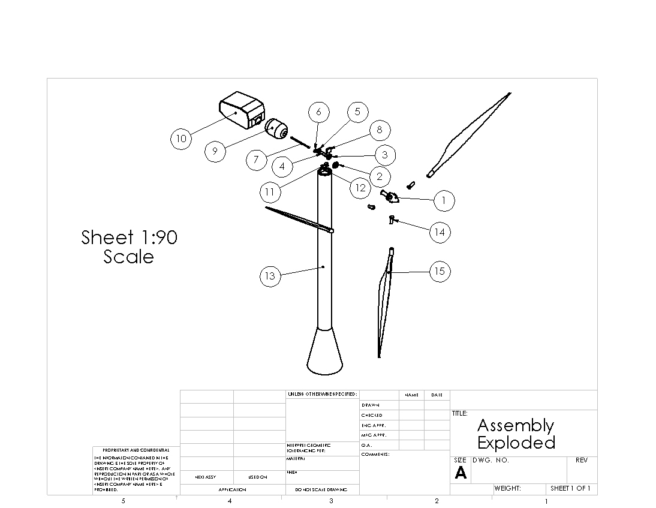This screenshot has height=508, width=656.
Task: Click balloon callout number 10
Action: (x=181, y=139)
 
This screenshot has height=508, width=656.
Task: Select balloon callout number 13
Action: (x=270, y=276)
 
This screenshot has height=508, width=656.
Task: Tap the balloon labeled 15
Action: (x=440, y=271)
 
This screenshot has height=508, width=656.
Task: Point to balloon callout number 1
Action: (x=444, y=200)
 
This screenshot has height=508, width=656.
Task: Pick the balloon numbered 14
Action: (x=440, y=232)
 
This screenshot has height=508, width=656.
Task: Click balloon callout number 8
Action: (x=380, y=130)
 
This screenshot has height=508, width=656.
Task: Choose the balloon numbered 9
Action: (x=215, y=151)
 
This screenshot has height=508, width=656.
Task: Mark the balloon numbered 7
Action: (x=257, y=160)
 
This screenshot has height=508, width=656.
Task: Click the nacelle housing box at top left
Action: (x=241, y=111)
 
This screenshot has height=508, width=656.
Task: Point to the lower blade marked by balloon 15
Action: (x=384, y=300)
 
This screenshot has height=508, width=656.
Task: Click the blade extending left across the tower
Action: (x=297, y=219)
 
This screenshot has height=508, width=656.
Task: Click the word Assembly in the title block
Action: (x=515, y=426)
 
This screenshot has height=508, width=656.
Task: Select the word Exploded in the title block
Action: (x=516, y=443)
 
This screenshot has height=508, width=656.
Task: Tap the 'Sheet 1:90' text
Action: (x=129, y=238)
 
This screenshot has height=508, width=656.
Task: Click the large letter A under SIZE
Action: (x=460, y=473)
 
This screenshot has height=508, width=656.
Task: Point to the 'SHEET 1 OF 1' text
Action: (x=570, y=488)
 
